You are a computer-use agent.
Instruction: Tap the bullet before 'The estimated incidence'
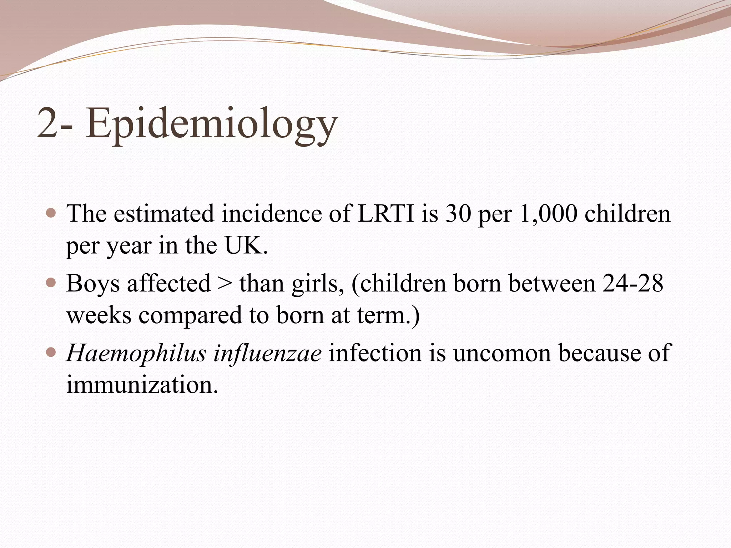[x=52, y=213]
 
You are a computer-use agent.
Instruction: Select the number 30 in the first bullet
[x=458, y=214]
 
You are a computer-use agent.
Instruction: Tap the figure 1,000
[x=548, y=214]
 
